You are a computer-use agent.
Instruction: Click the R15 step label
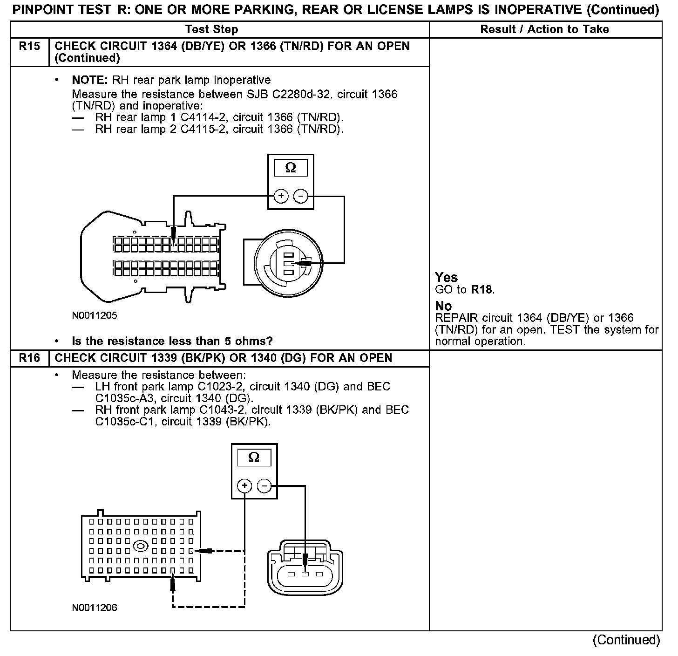tap(29, 47)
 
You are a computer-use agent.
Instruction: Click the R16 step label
tap(29, 358)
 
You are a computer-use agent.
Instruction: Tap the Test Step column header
tap(211, 29)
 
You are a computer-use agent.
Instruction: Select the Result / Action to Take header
tap(544, 29)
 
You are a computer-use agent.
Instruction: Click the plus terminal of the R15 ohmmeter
tap(281, 197)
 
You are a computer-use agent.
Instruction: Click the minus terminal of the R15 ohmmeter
tap(301, 197)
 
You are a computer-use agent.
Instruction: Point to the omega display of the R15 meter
tap(290, 168)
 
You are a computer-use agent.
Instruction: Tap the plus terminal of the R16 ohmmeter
tap(244, 486)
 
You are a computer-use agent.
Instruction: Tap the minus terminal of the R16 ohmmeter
tap(264, 486)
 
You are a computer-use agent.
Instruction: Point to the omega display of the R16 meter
tap(254, 458)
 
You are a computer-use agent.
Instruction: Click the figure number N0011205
tap(95, 315)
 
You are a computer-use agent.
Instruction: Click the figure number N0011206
tap(95, 608)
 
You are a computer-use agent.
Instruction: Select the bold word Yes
tap(446, 278)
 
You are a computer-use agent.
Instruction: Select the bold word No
tap(443, 306)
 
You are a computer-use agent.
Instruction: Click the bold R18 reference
tap(481, 290)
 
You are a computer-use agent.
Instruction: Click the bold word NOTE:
tap(90, 80)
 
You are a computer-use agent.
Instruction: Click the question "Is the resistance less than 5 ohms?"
tap(172, 342)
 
